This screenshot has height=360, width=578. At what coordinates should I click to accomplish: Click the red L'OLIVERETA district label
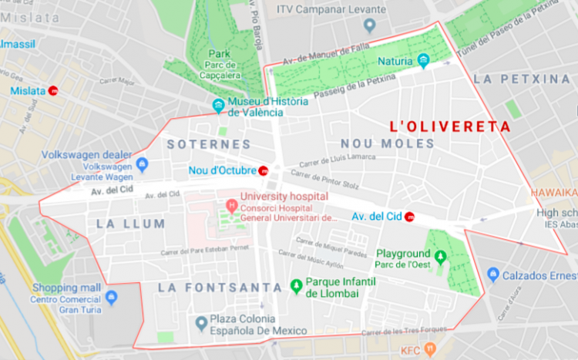coord(449,126)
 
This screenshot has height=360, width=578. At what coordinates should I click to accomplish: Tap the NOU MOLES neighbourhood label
coord(386,143)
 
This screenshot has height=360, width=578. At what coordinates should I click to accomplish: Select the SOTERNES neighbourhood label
coord(209,144)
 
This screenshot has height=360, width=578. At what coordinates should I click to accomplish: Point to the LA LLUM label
coord(131,224)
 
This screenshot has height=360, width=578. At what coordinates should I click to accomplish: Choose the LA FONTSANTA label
coord(220,288)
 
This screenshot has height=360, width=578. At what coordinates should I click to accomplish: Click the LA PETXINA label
coord(522,79)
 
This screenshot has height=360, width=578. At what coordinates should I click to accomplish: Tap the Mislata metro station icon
coord(53,90)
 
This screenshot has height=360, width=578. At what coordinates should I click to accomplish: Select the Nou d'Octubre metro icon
coord(264,170)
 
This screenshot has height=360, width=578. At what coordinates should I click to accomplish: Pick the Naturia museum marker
coord(423,61)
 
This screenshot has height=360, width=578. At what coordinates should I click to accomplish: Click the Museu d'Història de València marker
coord(219,106)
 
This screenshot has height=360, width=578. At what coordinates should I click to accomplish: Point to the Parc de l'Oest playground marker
coord(440,256)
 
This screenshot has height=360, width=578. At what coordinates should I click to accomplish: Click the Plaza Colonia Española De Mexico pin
coord(201,322)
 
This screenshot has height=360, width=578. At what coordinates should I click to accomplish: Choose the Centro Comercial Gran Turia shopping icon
coord(113,296)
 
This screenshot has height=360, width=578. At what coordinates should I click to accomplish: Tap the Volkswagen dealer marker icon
coord(142,164)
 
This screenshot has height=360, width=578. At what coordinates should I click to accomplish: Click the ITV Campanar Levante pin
coord(369,25)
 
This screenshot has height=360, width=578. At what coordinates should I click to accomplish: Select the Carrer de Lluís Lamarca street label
coord(338,160)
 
